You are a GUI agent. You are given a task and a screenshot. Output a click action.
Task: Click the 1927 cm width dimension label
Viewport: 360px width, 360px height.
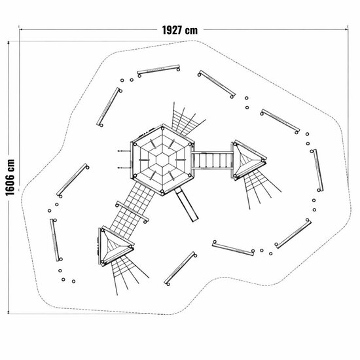point(180,30)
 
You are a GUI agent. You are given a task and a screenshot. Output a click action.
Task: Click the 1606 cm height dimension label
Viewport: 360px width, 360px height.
point(10,177)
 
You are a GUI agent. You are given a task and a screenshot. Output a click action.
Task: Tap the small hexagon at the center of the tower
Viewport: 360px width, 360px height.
point(163,160)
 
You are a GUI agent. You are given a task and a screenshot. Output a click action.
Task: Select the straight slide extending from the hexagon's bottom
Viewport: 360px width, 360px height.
point(187,204)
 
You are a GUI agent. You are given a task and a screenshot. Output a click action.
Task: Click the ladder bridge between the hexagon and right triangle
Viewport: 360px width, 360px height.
point(213,160)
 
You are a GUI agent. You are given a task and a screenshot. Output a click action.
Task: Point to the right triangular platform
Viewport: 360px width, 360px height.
point(249,160)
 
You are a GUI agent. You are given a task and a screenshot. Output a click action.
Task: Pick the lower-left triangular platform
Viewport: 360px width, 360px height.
point(115,246)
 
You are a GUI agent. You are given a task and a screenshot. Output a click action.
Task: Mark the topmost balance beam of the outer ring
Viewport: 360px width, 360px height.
point(158,69)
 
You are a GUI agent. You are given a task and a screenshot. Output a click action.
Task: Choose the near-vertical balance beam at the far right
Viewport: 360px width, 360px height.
point(317,170)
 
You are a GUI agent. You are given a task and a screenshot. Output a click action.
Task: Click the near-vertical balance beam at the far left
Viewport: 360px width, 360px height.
point(56,240)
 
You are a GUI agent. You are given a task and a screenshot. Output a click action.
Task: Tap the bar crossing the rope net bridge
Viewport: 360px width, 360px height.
point(132,212)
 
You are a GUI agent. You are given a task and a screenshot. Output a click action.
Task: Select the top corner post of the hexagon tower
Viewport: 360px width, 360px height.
point(163,128)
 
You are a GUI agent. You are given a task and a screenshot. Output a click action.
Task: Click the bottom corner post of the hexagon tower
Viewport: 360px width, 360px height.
point(162,191)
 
